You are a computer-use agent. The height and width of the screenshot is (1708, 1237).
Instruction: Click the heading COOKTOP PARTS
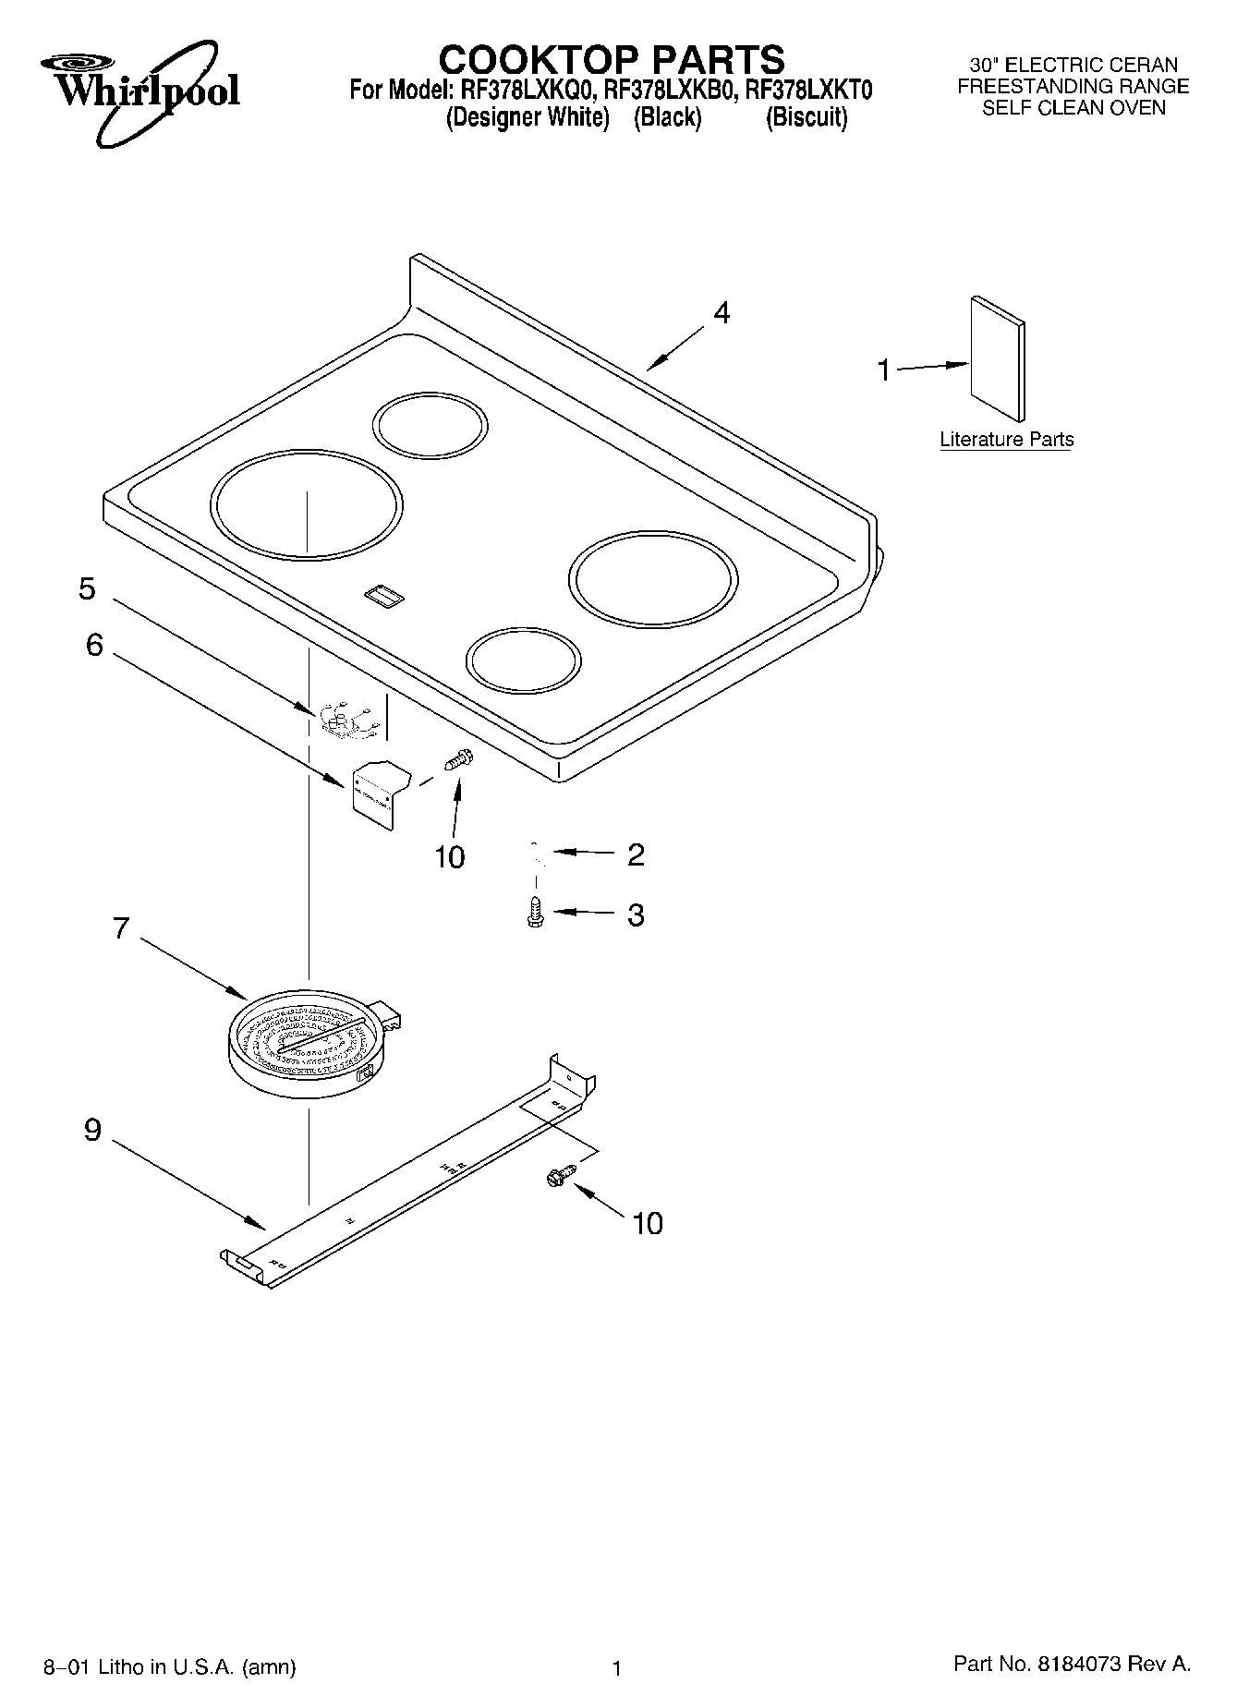coord(611,60)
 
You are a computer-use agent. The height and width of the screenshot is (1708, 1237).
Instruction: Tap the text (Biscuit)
coord(806,118)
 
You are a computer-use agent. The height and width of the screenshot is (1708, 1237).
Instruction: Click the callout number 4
coord(722,313)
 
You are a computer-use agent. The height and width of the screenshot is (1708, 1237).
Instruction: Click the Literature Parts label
coord(1006,440)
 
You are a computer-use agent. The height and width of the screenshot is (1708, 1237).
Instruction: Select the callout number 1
coord(884,370)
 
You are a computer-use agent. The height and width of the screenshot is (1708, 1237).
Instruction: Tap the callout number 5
coord(87,588)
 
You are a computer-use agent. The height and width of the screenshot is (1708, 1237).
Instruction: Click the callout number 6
coord(94,645)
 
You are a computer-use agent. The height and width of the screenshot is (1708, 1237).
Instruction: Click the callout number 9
coord(92,1129)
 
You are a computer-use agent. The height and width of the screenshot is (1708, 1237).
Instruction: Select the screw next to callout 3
coord(534,912)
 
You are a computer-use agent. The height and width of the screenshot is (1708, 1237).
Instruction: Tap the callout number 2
coord(636,854)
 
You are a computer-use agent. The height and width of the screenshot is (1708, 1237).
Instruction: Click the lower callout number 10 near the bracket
coord(648,1223)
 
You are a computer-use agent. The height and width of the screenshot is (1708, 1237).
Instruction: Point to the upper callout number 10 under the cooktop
coord(450,857)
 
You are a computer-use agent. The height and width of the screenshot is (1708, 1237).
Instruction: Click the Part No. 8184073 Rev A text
coord(1072,1664)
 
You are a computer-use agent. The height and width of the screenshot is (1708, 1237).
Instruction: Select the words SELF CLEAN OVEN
coord(1073,108)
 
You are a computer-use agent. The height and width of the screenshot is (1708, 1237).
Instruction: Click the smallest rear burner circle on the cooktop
coord(430,425)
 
